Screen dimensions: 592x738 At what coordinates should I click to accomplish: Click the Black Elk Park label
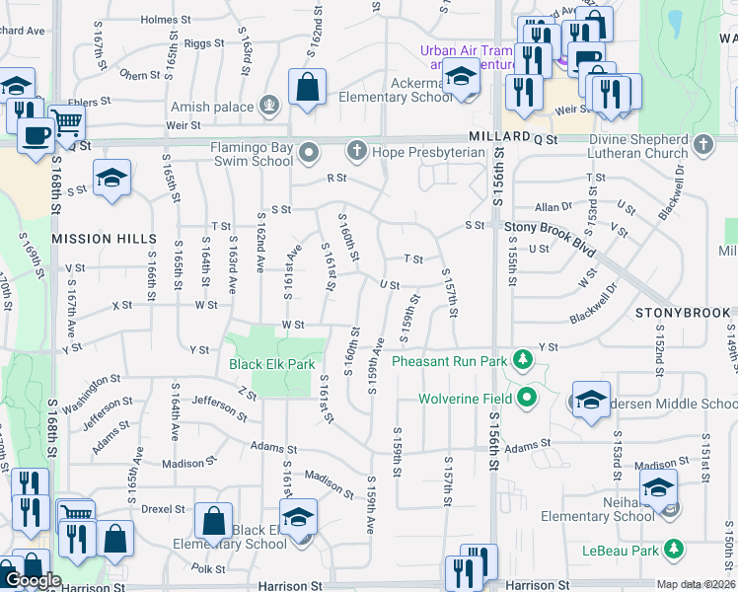[x=271, y=364]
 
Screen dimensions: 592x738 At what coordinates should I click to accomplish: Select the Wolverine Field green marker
[x=527, y=399]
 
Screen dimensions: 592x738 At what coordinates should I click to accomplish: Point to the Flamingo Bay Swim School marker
[x=310, y=153]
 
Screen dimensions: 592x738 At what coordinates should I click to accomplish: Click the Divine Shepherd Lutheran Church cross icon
[x=702, y=145]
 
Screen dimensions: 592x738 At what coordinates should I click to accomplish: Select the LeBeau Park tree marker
[x=674, y=548]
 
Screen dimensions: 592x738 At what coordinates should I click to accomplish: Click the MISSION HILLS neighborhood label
[x=104, y=239]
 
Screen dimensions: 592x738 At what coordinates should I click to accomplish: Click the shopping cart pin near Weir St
[x=67, y=122]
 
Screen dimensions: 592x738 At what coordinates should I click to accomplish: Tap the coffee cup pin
[x=37, y=135]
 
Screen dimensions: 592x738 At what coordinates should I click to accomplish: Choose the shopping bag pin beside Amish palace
[x=308, y=87]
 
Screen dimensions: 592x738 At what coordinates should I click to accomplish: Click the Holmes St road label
[x=164, y=19]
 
